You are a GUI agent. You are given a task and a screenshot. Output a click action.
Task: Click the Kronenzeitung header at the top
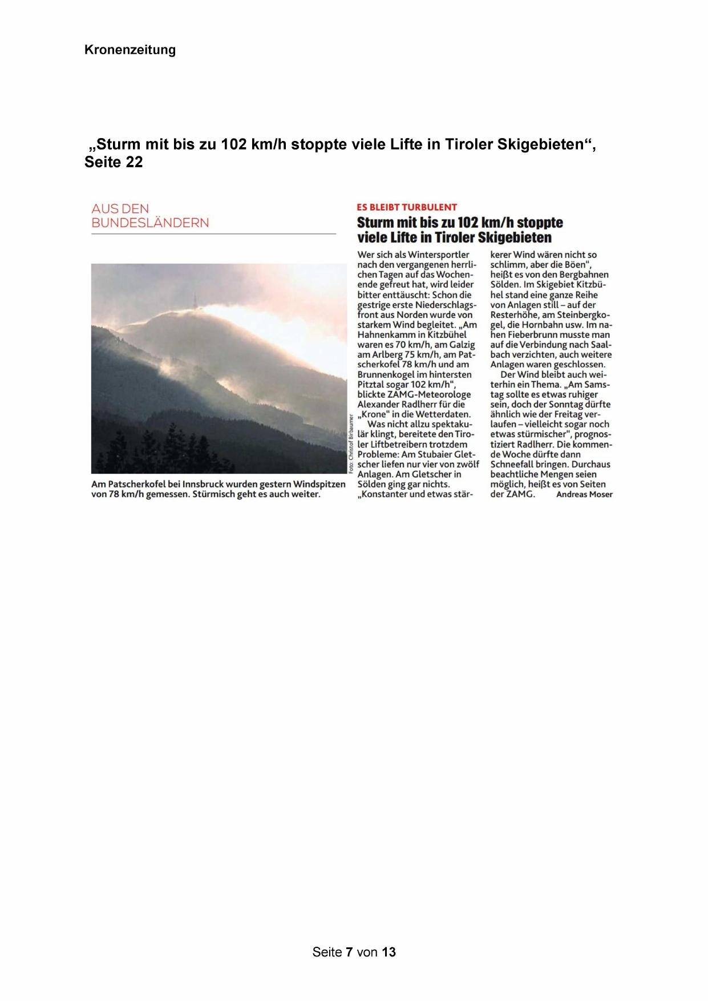click(130, 50)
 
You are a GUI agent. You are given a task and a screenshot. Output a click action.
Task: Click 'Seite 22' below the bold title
click(114, 162)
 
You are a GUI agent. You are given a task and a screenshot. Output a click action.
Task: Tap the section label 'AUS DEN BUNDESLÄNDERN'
click(150, 216)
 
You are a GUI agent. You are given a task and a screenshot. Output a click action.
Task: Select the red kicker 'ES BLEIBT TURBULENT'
click(407, 207)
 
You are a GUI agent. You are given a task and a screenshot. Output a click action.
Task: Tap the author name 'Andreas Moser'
click(584, 494)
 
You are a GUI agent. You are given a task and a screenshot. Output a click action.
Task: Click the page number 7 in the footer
click(349, 952)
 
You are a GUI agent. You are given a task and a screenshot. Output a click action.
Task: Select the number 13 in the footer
click(389, 952)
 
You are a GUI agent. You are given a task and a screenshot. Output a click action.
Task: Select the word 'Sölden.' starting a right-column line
click(505, 285)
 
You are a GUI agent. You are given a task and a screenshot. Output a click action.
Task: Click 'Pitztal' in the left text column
click(371, 384)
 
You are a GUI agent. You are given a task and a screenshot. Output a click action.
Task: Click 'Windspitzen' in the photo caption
click(319, 484)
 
